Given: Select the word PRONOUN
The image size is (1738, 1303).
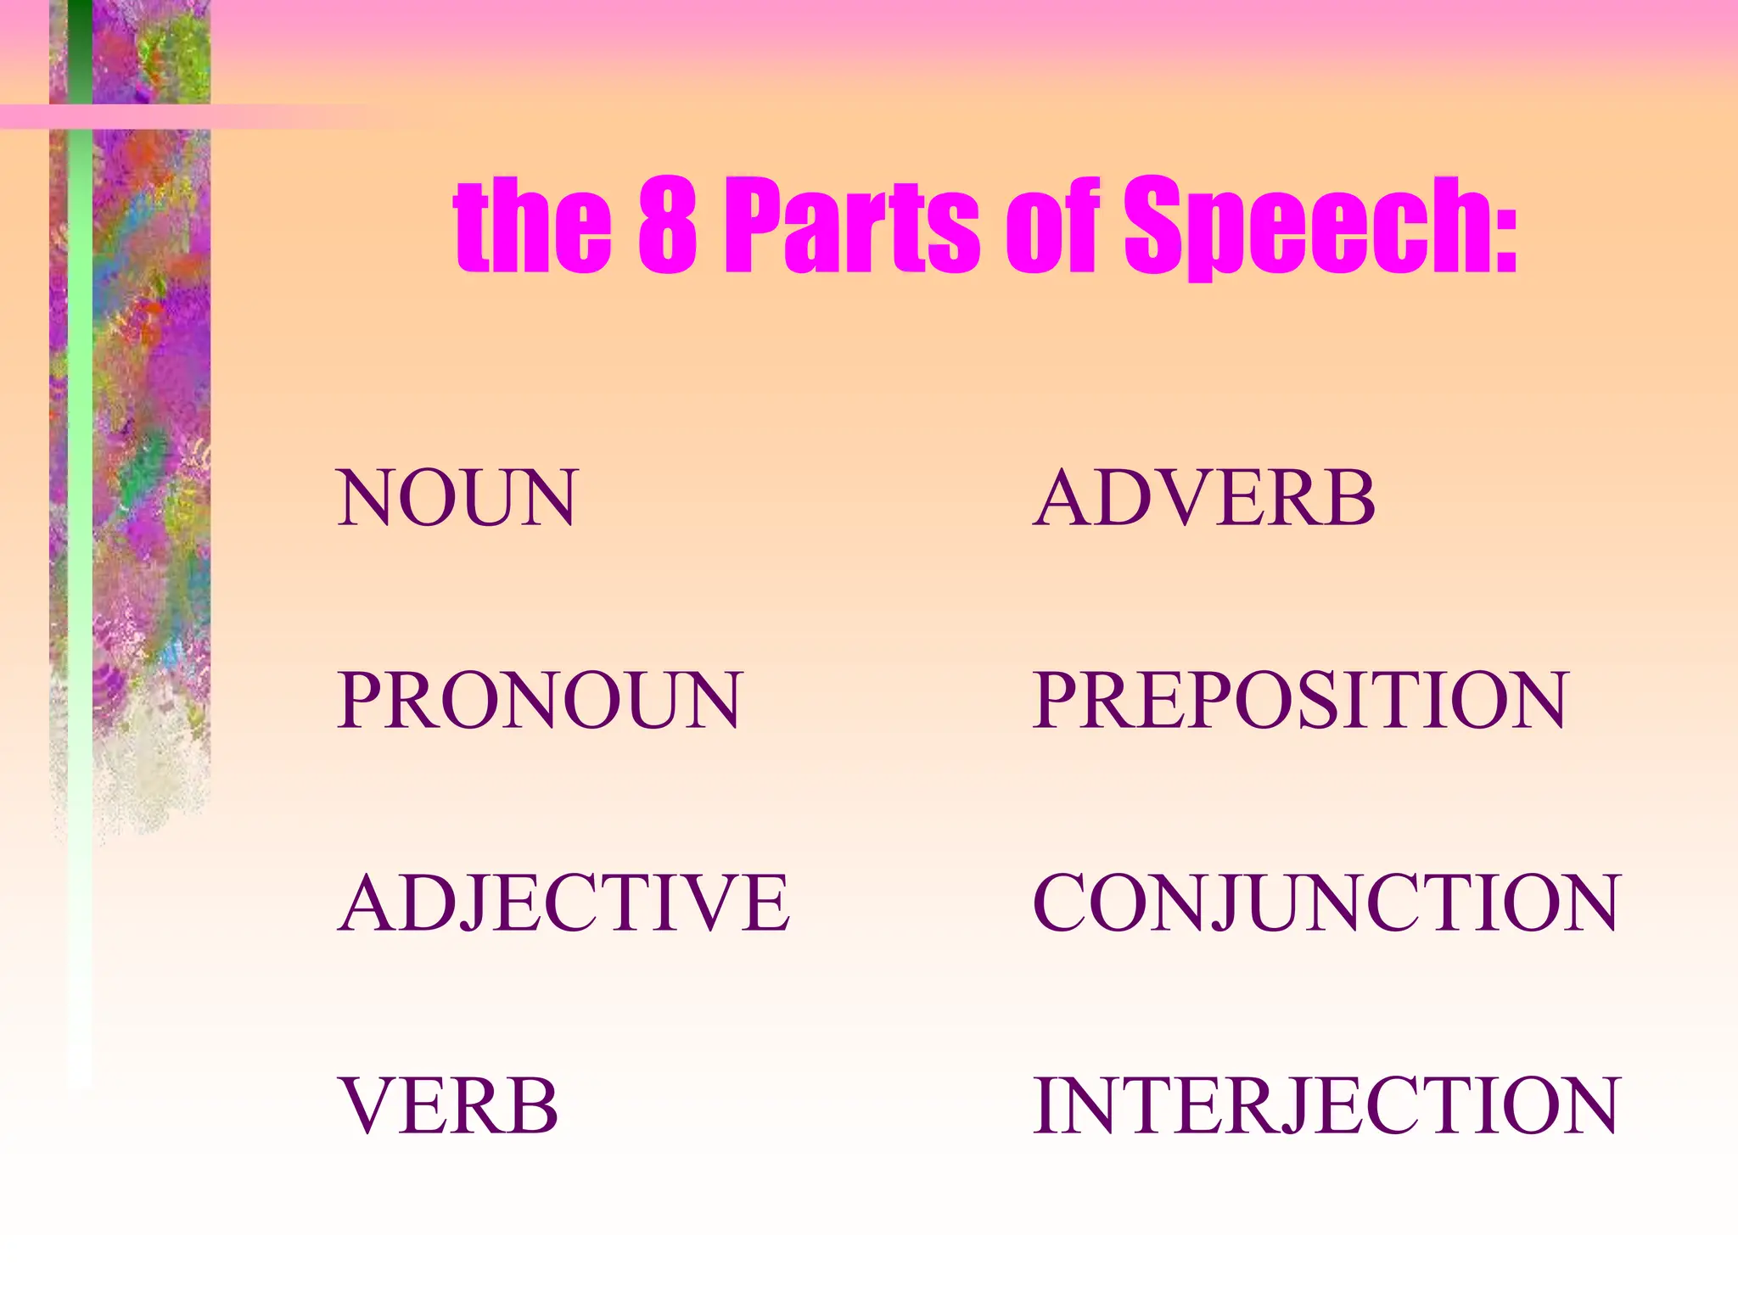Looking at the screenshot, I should click(x=540, y=701).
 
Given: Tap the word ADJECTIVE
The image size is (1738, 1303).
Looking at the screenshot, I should click(x=563, y=903).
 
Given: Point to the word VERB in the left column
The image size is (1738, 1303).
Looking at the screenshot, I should click(x=448, y=1105).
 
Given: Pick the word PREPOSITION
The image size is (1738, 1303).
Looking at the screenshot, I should click(x=1299, y=701).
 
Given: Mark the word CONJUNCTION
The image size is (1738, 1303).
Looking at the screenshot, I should click(x=1326, y=903).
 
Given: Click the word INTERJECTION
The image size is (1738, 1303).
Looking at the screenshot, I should click(x=1326, y=1105).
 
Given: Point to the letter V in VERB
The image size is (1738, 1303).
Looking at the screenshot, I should click(x=368, y=1105).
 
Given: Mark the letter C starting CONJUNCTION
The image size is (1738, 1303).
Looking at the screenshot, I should click(x=1061, y=903).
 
